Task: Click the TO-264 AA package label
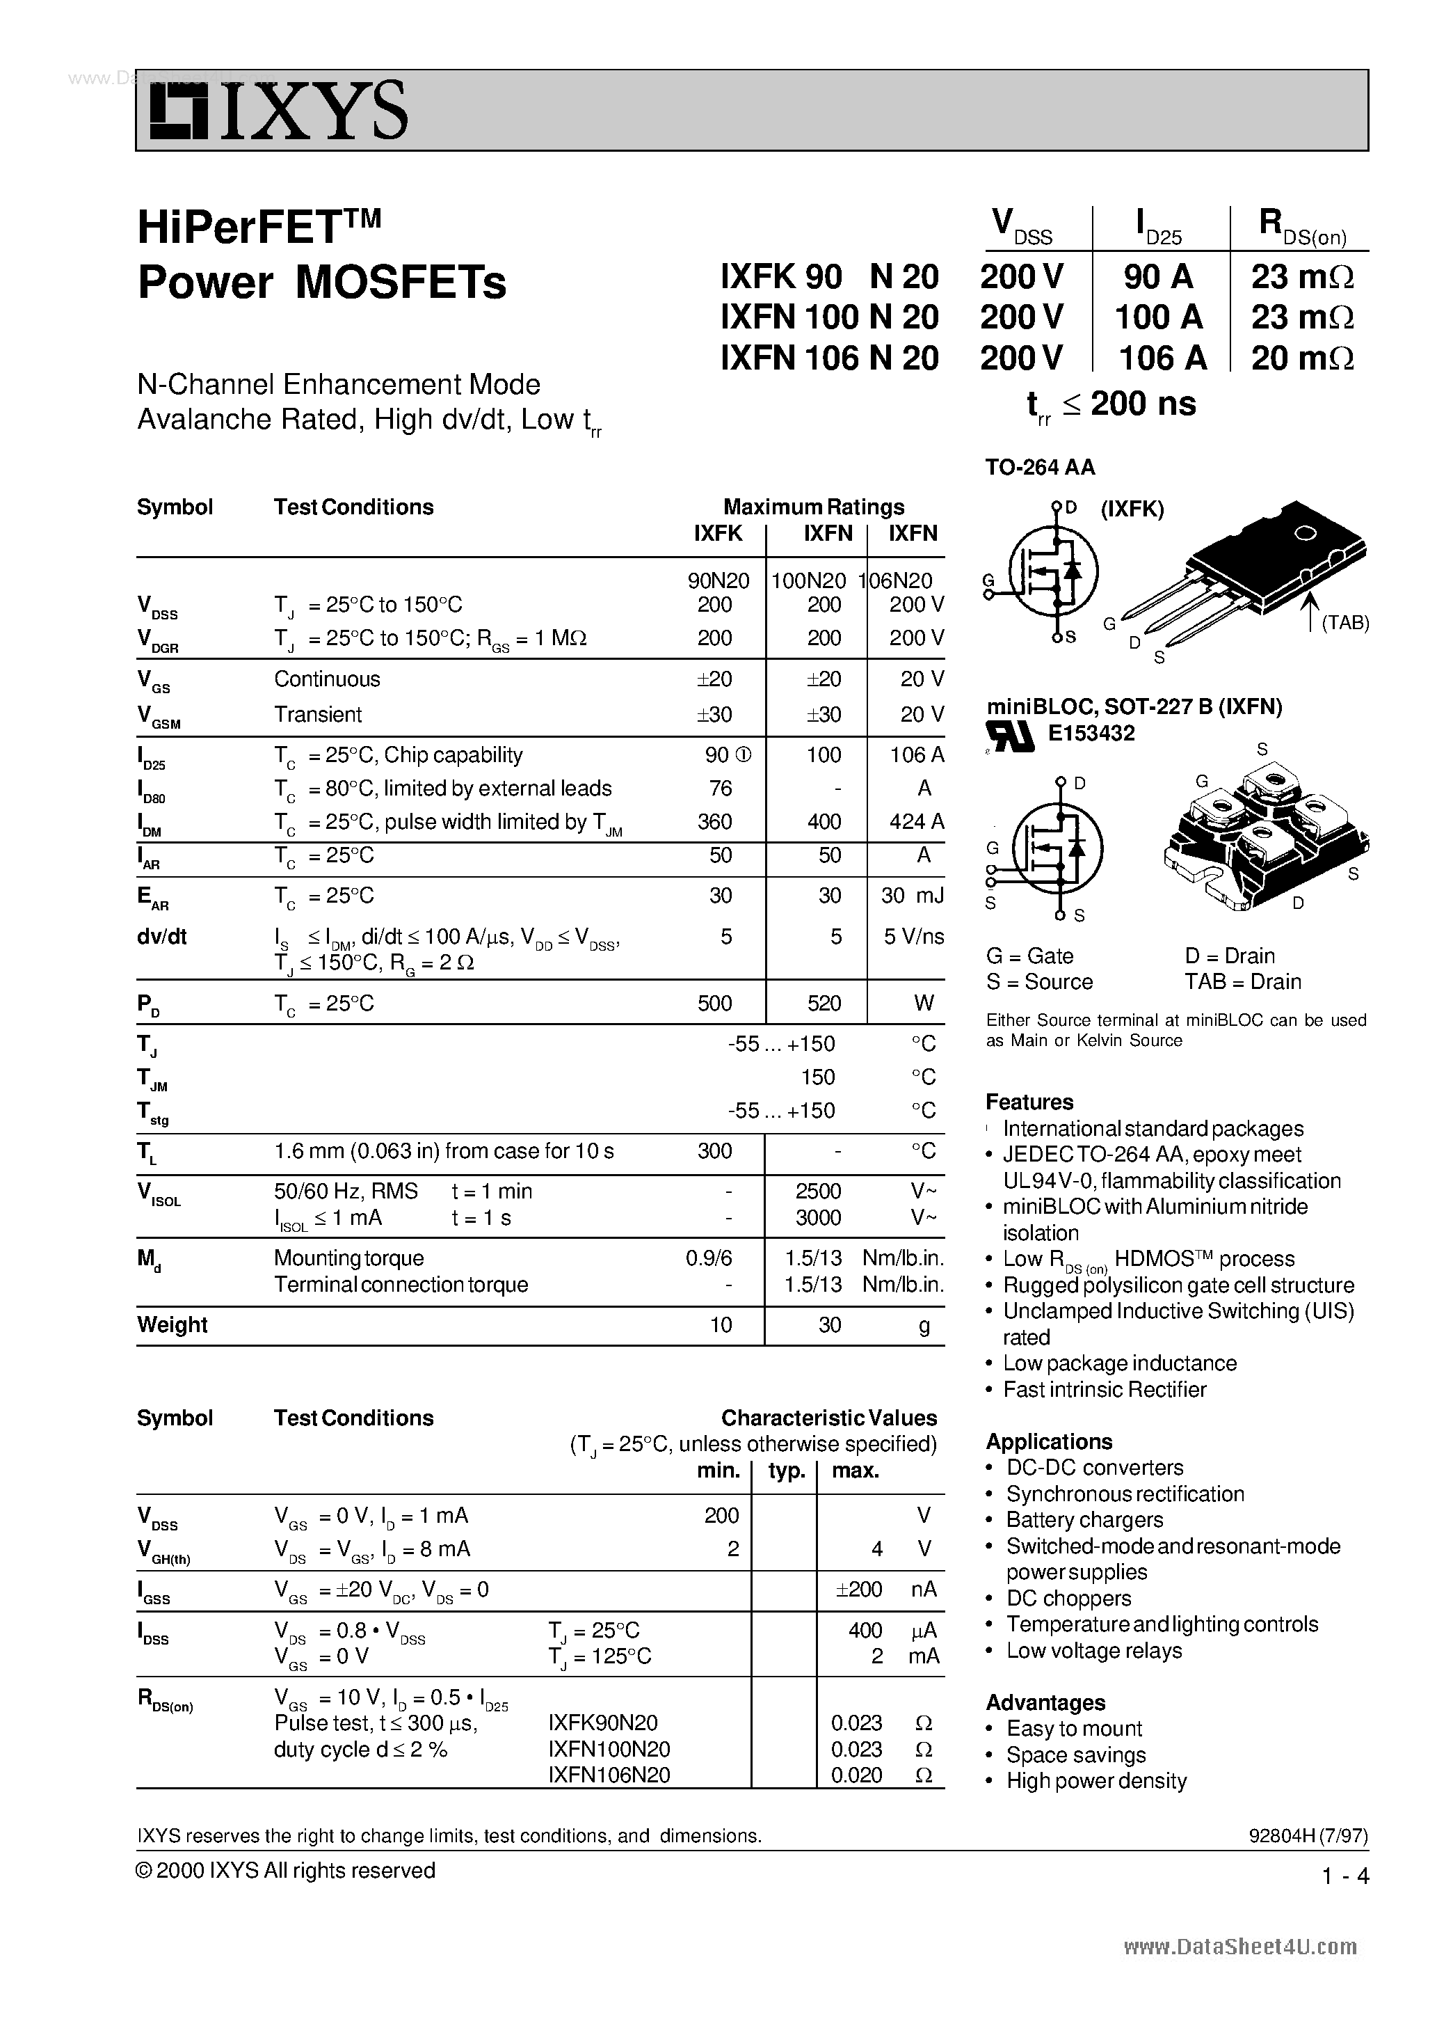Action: (x=1039, y=467)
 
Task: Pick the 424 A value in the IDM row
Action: (x=916, y=822)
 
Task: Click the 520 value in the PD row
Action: (x=824, y=1004)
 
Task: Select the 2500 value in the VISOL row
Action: (x=818, y=1191)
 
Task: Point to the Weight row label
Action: (x=172, y=1325)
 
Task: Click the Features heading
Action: (x=1029, y=1102)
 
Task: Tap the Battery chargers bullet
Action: (x=1084, y=1520)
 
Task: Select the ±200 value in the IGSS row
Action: (x=858, y=1589)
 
